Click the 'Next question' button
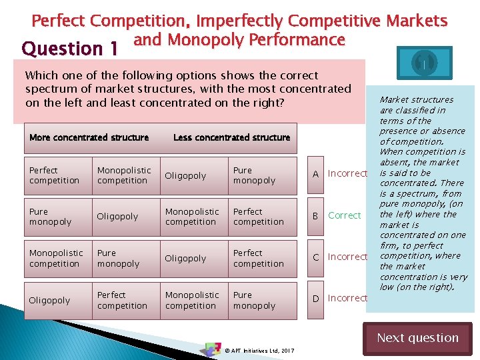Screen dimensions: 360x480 (417, 338)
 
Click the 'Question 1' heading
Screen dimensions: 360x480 (70, 49)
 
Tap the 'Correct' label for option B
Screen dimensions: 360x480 (344, 215)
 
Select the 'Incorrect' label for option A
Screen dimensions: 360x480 (347, 173)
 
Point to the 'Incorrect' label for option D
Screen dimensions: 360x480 (347, 298)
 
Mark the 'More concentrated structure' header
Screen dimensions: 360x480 (89, 137)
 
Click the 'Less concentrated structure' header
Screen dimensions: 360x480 (231, 137)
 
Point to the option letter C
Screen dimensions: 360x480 (317, 257)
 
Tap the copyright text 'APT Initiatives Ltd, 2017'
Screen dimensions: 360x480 (260, 350)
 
